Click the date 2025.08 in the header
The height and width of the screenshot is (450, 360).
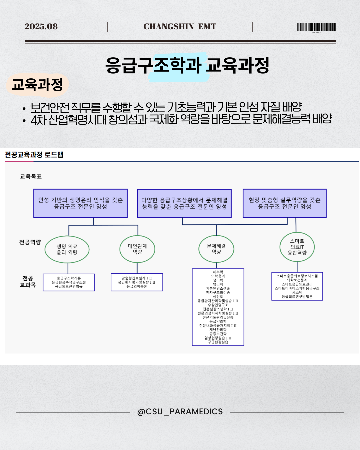coord(41,27)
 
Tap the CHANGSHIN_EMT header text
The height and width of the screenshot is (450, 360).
coord(180,27)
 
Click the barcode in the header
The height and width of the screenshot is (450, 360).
coord(316,27)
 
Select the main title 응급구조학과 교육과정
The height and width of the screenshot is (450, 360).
coord(187,65)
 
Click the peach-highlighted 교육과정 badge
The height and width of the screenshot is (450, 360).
coord(37,85)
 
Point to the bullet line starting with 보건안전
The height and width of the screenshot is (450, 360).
coord(166,107)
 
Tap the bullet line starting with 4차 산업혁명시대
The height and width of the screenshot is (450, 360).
coord(181,119)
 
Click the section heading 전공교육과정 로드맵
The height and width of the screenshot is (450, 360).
coord(34,155)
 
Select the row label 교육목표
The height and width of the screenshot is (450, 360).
coord(31,177)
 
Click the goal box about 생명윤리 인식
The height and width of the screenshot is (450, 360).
coord(80,203)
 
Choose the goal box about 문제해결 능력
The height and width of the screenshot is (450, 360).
coord(184,203)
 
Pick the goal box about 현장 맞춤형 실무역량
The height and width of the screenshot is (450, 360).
coord(284,203)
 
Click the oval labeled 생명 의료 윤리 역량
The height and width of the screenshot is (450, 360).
coord(67,249)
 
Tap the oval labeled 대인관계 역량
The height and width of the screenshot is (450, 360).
coord(137,249)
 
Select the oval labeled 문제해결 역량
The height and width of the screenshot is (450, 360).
coord(216,249)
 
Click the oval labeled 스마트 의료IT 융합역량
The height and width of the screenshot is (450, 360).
coord(297,247)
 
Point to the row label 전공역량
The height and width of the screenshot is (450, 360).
coord(30,242)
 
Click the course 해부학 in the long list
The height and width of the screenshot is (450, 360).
coord(218,272)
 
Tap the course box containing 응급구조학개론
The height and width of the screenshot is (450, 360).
coord(69,282)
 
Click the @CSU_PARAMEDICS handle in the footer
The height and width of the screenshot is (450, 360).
coord(180,412)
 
